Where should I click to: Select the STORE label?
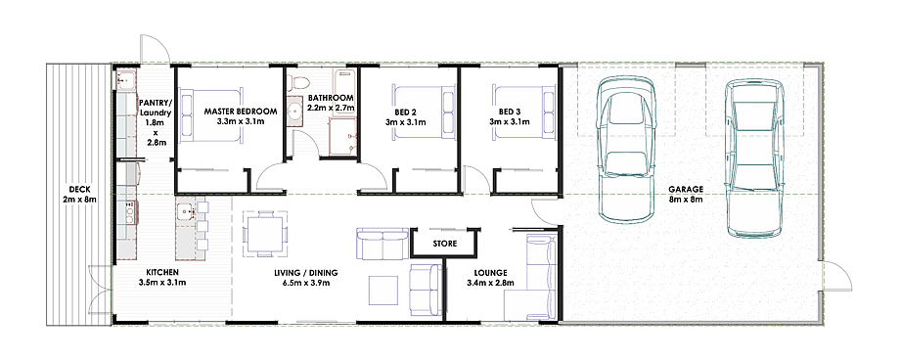(445, 244)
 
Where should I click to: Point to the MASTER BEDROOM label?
(241, 112)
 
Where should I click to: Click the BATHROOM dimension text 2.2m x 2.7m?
(330, 108)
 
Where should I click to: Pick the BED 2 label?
(405, 112)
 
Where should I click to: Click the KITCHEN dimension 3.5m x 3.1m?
(162, 283)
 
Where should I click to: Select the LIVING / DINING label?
(306, 272)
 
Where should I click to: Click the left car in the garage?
(626, 150)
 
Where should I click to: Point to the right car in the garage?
(753, 157)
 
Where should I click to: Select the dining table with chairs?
(264, 234)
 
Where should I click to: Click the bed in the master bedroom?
(209, 114)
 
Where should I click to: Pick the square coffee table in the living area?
(382, 291)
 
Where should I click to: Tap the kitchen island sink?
(186, 210)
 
